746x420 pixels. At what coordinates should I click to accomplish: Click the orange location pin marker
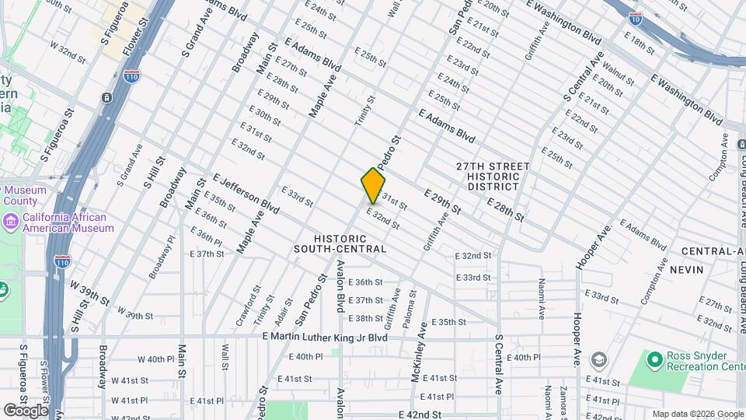pyautogui.click(x=373, y=186)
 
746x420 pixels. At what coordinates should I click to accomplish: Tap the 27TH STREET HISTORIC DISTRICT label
pyautogui.click(x=493, y=177)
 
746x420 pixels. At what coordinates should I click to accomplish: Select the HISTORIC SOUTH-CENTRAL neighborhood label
pyautogui.click(x=340, y=243)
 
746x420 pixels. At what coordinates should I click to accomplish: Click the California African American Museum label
pyautogui.click(x=68, y=223)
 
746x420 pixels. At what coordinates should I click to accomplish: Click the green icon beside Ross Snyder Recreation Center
pyautogui.click(x=655, y=359)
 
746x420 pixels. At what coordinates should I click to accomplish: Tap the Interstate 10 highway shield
pyautogui.click(x=635, y=16)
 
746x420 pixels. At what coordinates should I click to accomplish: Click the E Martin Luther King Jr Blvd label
pyautogui.click(x=324, y=337)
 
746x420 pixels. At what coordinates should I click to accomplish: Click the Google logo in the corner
pyautogui.click(x=25, y=410)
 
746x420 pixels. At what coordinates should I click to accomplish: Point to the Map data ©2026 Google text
pyautogui.click(x=697, y=414)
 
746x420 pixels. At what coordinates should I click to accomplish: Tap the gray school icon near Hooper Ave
pyautogui.click(x=598, y=359)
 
